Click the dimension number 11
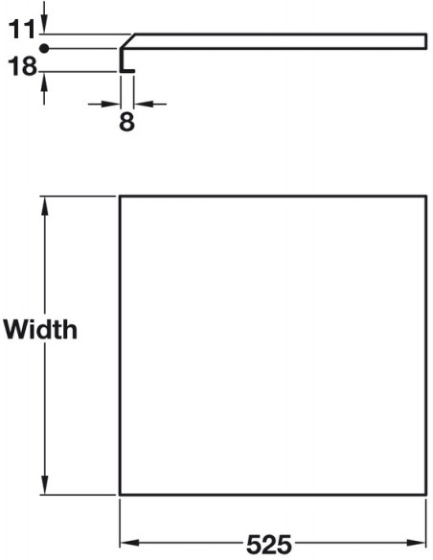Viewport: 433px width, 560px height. (x=21, y=30)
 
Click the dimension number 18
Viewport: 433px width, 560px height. (x=22, y=66)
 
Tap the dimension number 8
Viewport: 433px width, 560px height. (x=126, y=122)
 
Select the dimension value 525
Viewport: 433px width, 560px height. (x=269, y=545)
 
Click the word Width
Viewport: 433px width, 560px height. (x=40, y=329)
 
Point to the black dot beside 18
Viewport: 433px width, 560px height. (x=44, y=49)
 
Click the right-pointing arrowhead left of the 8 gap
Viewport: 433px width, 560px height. (x=110, y=104)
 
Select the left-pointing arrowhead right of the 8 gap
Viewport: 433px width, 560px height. (x=144, y=104)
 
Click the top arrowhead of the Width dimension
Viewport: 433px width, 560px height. (x=45, y=206)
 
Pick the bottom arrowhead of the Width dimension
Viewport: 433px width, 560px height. (x=45, y=485)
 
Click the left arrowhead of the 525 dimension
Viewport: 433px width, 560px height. (x=130, y=543)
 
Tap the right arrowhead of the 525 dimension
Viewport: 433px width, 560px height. (x=416, y=543)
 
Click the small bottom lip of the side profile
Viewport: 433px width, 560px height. (x=127, y=71)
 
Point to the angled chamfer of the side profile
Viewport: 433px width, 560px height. (x=127, y=41)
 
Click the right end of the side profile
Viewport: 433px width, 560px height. (x=426, y=41)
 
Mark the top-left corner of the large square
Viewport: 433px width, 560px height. (x=120, y=196)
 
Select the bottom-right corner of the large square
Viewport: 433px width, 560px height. (x=426, y=495)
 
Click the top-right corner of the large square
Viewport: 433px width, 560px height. (x=426, y=196)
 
